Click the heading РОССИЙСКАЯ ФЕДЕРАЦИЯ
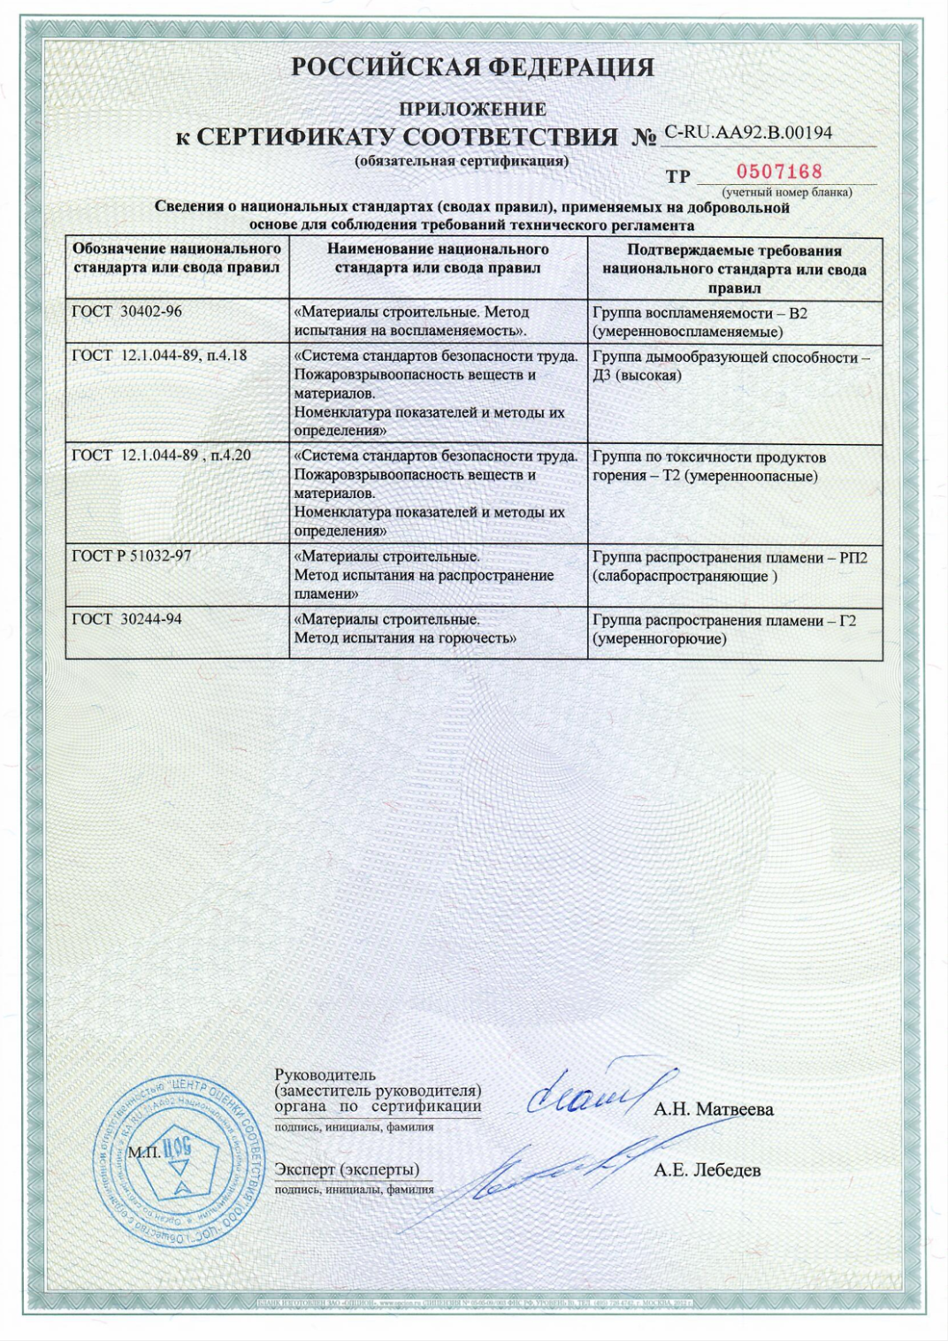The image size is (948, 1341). [473, 68]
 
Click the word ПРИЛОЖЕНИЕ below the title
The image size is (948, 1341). [473, 110]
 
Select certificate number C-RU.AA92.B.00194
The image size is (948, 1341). [748, 133]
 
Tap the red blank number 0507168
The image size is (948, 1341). [779, 172]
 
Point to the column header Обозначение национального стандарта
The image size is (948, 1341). [177, 258]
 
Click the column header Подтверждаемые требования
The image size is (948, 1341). [734, 269]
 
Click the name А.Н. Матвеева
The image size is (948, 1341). [714, 1109]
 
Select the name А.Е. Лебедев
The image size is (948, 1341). [707, 1170]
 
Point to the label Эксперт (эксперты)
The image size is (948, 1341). [347, 1169]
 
